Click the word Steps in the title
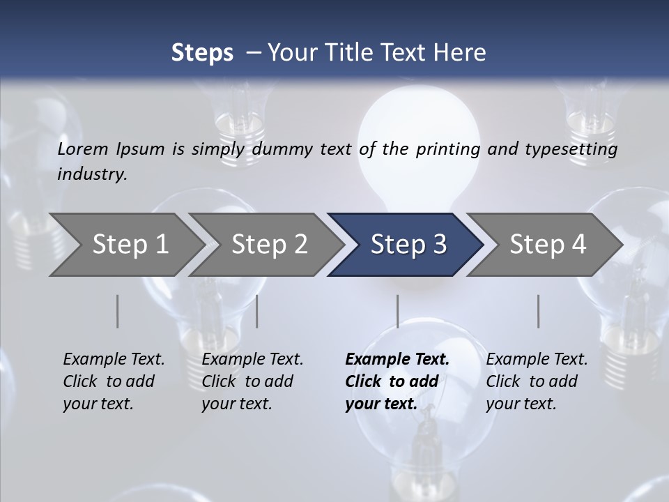(202, 52)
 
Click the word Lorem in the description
(83, 149)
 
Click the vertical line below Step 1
(118, 311)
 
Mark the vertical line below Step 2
(257, 311)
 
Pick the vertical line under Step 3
(397, 311)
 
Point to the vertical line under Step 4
(539, 311)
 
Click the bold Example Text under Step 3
(397, 360)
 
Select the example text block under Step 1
(114, 381)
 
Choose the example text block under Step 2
(252, 381)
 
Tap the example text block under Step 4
(537, 381)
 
